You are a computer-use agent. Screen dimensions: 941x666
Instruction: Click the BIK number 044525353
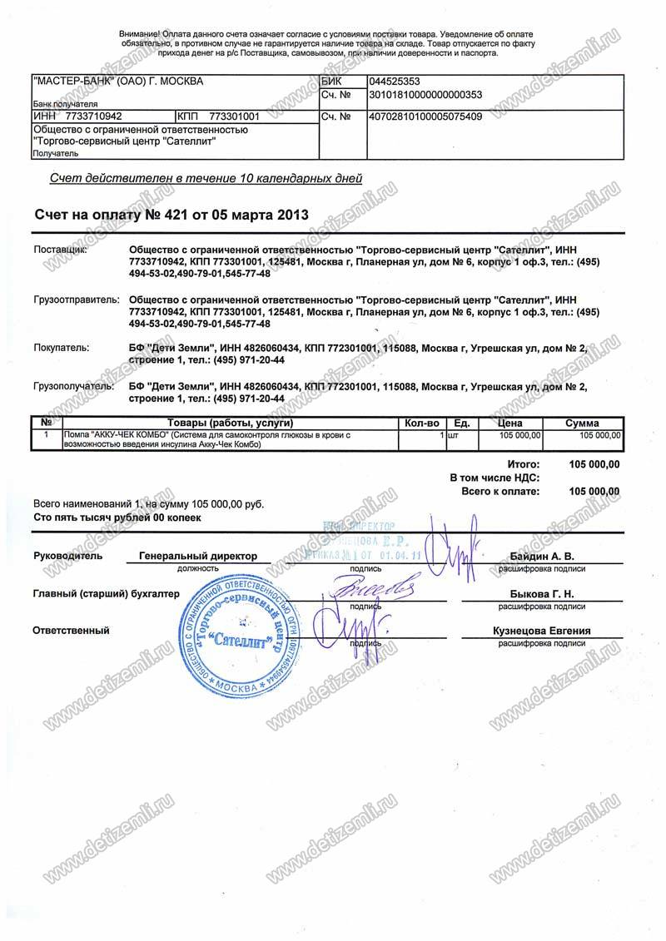pos(395,82)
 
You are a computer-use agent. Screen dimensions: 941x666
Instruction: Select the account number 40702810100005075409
pos(425,116)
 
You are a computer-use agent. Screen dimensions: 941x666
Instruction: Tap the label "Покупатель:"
pos(60,349)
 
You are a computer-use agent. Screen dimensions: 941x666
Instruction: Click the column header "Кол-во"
pos(421,423)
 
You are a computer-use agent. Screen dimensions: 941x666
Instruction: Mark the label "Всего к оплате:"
pos(499,492)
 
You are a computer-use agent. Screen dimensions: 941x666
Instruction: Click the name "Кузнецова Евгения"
pos(541,631)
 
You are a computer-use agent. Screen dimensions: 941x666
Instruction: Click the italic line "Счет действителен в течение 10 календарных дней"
pos(206,178)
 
